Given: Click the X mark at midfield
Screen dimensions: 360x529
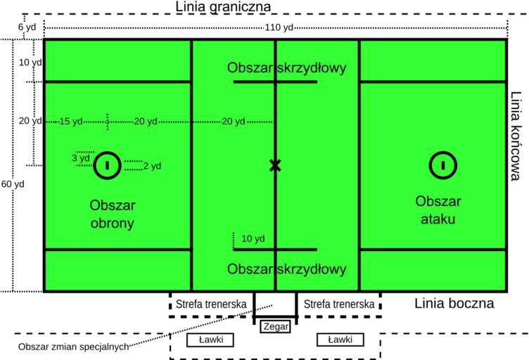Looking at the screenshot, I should click(x=275, y=165).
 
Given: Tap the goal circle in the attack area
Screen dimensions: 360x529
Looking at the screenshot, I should click(x=443, y=165).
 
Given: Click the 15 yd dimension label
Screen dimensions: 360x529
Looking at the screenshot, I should click(x=70, y=122).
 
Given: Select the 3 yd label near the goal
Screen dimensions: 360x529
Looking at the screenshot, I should click(x=81, y=158).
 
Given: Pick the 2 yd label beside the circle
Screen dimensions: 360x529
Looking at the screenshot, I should click(x=152, y=166).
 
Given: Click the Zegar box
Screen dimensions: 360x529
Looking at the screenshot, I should click(x=275, y=326).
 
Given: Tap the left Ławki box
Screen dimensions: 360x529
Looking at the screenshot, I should click(x=209, y=340).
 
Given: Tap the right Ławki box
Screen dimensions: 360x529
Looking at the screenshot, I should click(x=341, y=340).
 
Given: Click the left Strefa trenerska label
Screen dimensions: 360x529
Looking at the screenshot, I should click(x=211, y=304).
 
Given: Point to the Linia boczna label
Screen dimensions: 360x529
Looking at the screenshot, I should click(x=454, y=304).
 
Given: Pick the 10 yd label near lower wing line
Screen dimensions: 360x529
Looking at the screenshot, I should click(x=253, y=238).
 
